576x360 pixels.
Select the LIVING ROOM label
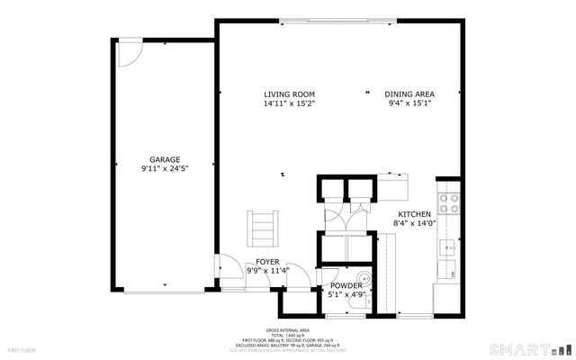[x=289, y=94]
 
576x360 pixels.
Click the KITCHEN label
[x=415, y=213]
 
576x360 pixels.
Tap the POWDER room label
[x=345, y=284]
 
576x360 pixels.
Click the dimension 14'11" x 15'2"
[x=289, y=104]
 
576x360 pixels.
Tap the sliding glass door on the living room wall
[x=338, y=21]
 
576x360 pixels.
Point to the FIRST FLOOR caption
[x=20, y=348]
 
